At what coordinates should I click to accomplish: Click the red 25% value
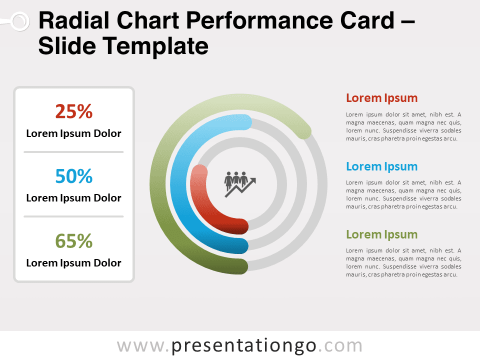74,111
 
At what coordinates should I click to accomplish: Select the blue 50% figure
74,176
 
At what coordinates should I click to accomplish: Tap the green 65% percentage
74,241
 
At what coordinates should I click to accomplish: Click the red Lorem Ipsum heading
381,98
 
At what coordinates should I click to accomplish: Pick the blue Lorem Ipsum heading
381,166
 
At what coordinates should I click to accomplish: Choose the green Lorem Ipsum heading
381,235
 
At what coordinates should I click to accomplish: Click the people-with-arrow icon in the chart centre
239,184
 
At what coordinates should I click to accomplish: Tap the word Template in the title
155,46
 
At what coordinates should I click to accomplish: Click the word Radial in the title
75,21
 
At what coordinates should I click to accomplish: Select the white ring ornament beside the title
20,21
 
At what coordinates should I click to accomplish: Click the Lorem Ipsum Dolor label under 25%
74,133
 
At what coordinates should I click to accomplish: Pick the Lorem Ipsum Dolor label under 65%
74,263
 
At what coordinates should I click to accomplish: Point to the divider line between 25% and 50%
74,152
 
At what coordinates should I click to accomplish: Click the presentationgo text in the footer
243,346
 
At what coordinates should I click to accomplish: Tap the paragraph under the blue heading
403,194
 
